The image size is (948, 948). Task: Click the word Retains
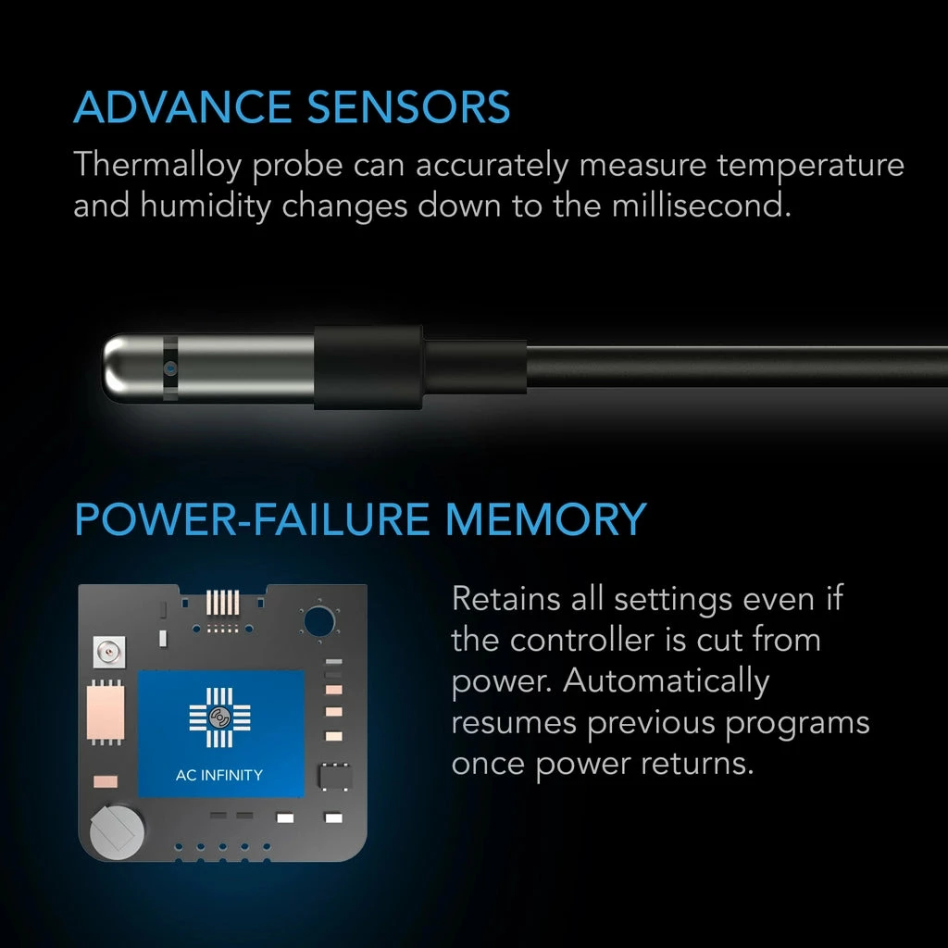coord(506,598)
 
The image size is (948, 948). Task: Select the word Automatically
coord(667,680)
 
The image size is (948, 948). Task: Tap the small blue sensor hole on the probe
coord(169,368)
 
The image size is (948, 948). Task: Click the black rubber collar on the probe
coord(368,368)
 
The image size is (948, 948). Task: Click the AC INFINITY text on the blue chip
coord(220,774)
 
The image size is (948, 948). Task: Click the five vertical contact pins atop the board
coord(221,603)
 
